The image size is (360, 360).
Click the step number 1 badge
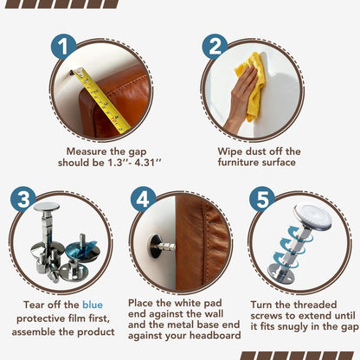pos(63,47)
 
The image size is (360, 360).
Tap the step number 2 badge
pos(215,47)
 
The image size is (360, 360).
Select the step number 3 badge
pos(23,199)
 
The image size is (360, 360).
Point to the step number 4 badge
pos(143,199)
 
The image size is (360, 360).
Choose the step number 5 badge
pos(262,199)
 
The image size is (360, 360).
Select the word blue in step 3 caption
pos(93,305)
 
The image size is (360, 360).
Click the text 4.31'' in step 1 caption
pos(148,163)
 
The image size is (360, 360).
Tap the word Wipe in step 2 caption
pos(229,151)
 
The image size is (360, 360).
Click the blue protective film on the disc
pos(81,248)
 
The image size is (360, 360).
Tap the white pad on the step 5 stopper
pos(313,215)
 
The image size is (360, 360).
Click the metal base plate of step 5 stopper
pos(280,273)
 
